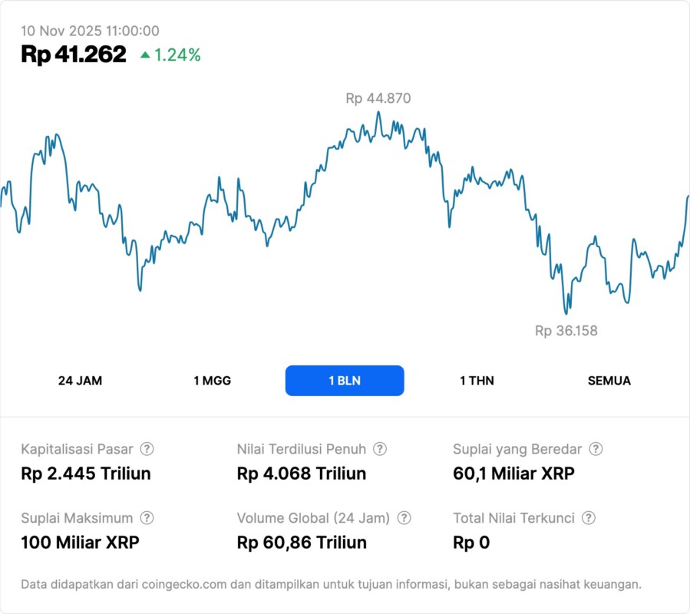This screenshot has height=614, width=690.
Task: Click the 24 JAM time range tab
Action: (80, 381)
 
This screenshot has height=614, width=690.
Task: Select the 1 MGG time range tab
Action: (212, 381)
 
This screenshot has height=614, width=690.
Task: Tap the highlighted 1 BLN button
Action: (345, 381)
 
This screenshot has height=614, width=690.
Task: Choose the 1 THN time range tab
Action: (477, 381)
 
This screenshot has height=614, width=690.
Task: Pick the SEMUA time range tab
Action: (609, 381)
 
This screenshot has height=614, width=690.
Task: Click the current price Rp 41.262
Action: (74, 54)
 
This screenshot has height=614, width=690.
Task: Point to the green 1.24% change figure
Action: (177, 54)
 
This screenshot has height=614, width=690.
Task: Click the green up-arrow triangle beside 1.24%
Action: (145, 54)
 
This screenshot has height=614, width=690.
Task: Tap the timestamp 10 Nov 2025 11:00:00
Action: (90, 31)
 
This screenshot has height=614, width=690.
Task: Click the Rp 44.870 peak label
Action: (378, 98)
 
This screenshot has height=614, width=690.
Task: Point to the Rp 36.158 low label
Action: (566, 331)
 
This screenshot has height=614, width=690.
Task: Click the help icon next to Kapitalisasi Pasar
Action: (147, 449)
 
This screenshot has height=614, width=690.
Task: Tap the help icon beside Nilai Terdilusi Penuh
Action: (380, 449)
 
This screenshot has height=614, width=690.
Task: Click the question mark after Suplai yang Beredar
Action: (596, 449)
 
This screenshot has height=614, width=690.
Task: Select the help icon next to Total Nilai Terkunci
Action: (589, 518)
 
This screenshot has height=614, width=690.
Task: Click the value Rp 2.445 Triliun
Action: (86, 474)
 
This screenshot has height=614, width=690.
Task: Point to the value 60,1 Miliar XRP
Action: (513, 474)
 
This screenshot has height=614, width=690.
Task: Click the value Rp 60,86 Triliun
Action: (302, 543)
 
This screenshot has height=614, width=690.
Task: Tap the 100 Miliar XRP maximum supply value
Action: (80, 543)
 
